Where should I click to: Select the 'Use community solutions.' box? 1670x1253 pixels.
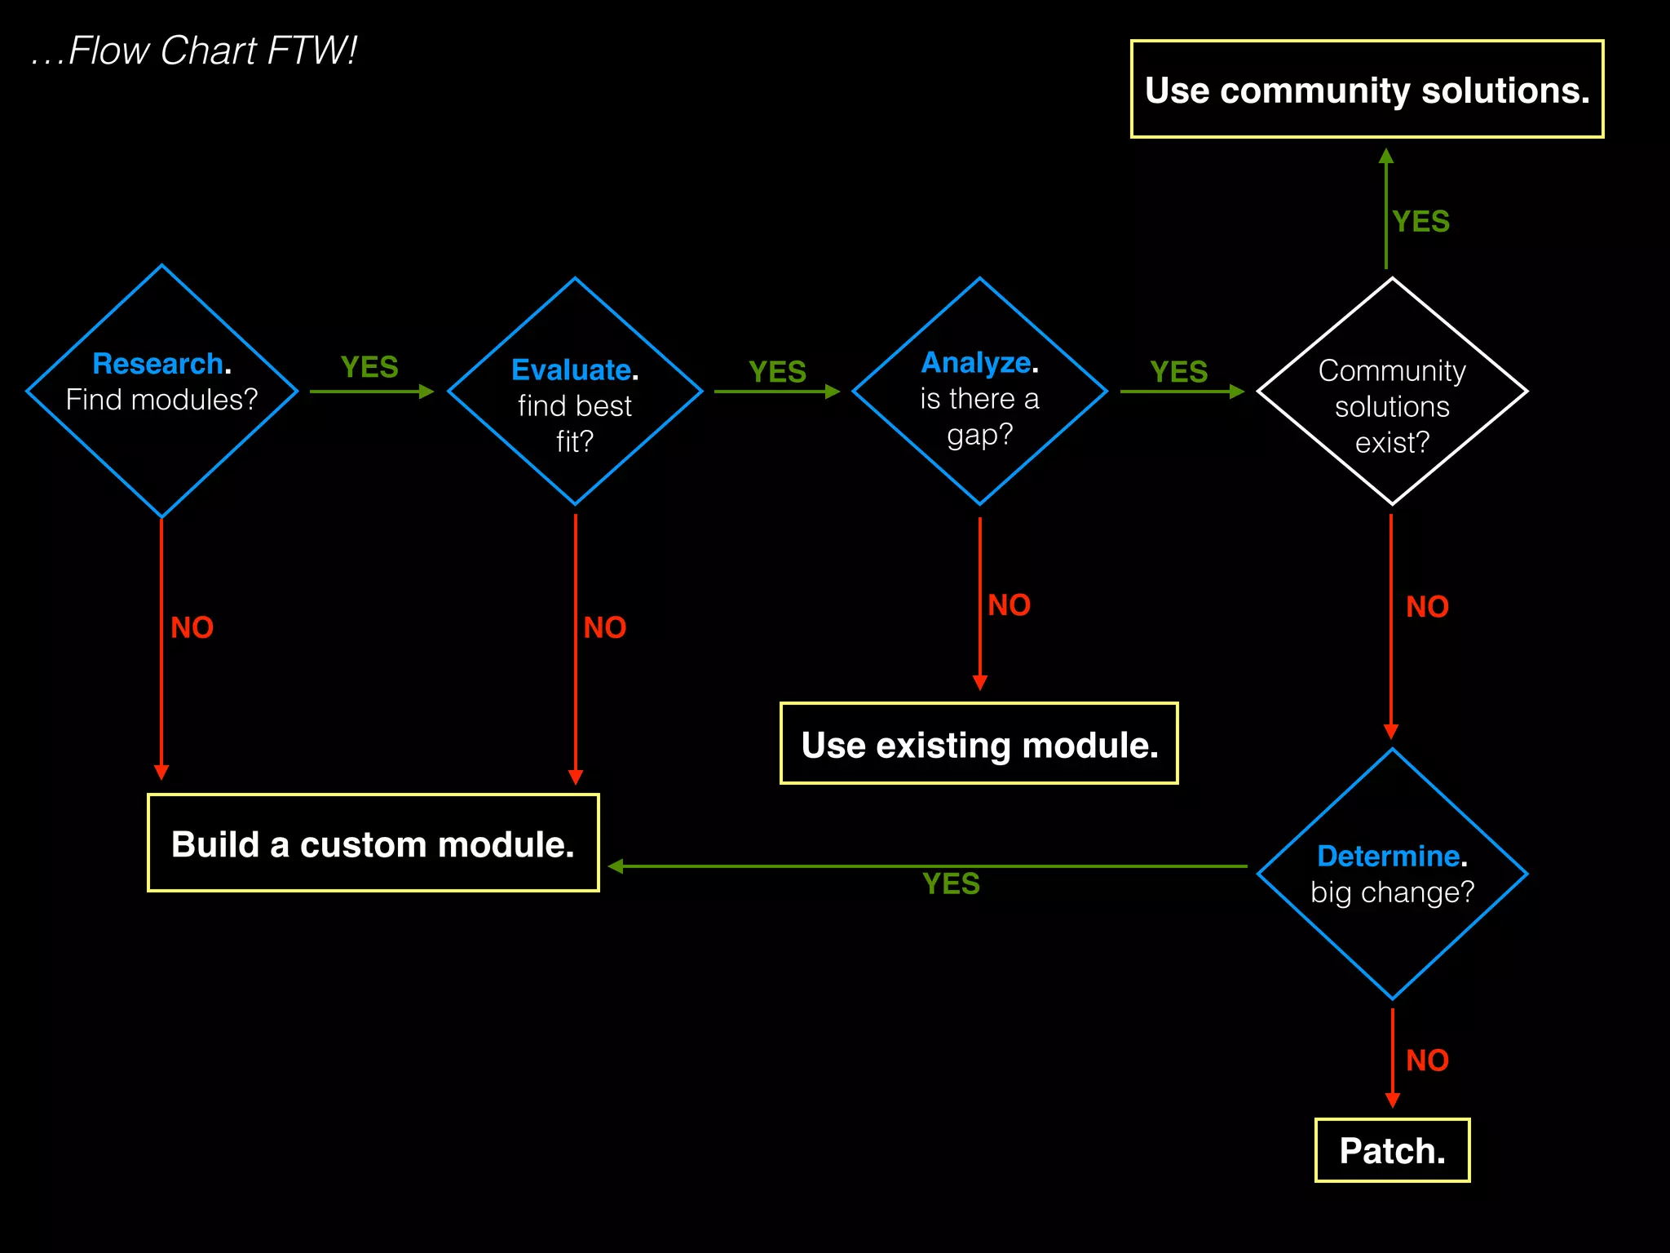(1367, 90)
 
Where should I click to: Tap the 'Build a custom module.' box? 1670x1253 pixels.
(373, 843)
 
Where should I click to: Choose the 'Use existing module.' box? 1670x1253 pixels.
(979, 745)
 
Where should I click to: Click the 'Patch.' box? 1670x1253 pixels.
(1392, 1150)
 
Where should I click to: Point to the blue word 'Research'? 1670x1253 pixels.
(157, 364)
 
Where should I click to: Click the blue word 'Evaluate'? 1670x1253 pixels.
(571, 370)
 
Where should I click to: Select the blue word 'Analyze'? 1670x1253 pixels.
(975, 363)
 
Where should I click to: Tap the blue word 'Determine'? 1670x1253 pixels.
(1388, 857)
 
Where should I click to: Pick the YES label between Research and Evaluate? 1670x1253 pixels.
(369, 367)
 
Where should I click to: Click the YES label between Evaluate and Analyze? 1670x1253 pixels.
(777, 372)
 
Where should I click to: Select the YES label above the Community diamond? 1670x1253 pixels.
(1420, 222)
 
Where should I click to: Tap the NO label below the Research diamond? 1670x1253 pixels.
(192, 627)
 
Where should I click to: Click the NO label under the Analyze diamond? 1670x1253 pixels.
(1009, 605)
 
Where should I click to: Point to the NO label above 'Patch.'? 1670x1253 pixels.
(1427, 1060)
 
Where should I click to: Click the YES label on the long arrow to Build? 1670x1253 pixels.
(951, 883)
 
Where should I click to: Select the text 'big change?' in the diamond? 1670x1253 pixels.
(1392, 892)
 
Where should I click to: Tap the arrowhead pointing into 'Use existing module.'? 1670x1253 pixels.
(980, 683)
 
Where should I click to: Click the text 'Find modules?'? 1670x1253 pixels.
(161, 400)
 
